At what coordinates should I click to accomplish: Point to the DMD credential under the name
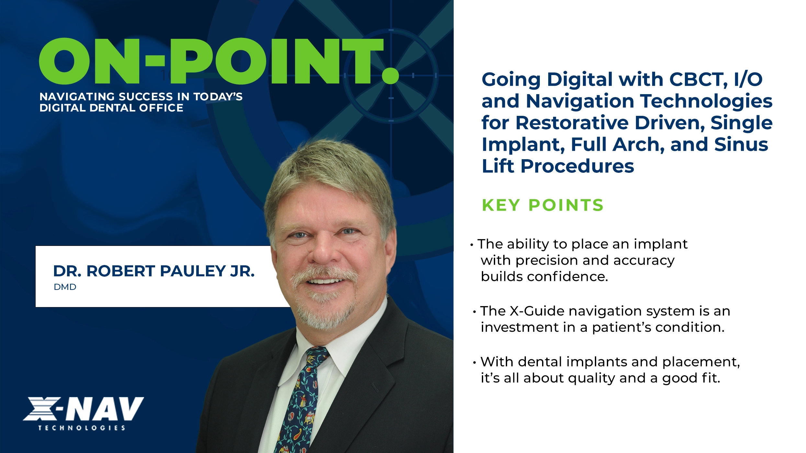pos(65,287)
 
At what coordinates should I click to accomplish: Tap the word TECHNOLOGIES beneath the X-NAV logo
pos(82,428)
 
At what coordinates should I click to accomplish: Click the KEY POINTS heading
pos(542,205)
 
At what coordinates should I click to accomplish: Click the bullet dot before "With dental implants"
pos(474,362)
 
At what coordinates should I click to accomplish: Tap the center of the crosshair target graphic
pos(391,75)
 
